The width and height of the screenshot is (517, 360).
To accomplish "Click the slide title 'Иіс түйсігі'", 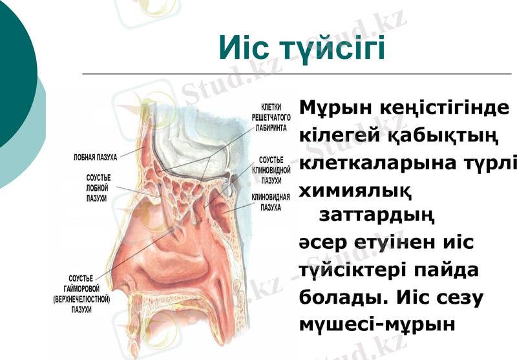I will pos(302,48).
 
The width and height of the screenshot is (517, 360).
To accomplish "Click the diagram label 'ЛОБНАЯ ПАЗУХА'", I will pos(94,156).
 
